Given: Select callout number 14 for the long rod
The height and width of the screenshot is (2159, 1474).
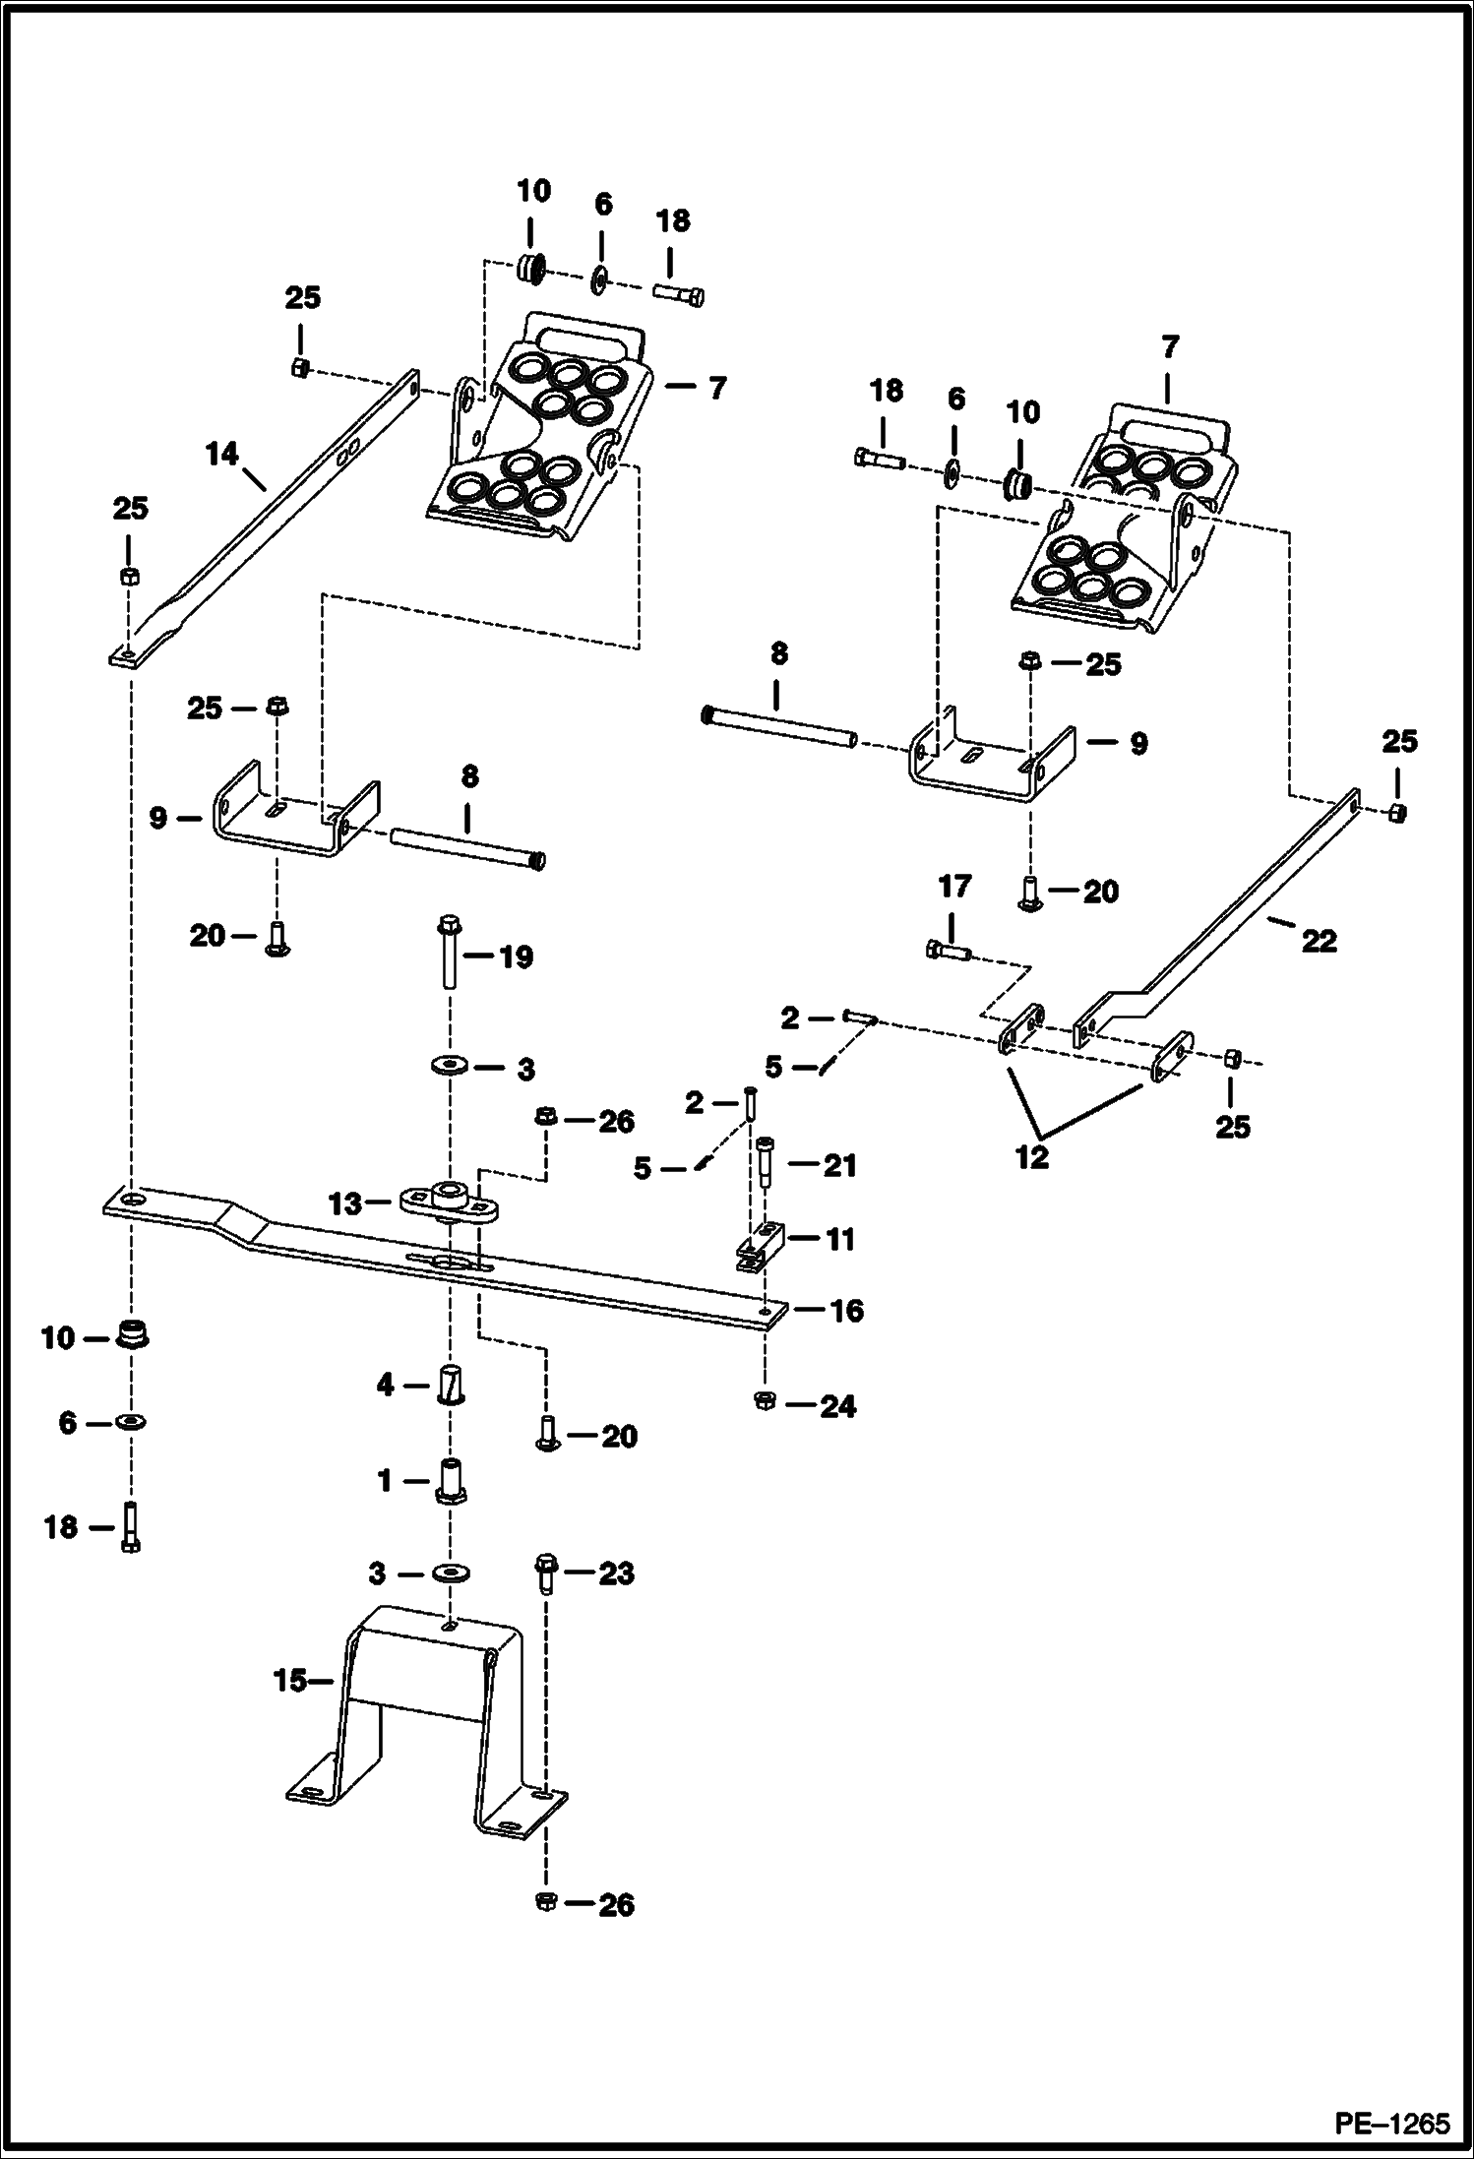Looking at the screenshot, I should coord(222,455).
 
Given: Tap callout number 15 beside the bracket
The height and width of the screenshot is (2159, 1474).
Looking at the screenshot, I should coord(290,1681).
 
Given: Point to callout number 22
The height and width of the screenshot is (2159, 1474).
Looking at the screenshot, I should coord(1319,941).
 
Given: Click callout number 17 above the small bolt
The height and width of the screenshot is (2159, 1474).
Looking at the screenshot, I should coord(954,887).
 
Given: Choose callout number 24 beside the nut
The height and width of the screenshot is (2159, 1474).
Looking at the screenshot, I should coord(838,1407).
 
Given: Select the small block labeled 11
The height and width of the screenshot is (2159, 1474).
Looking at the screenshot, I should coord(760,1246).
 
